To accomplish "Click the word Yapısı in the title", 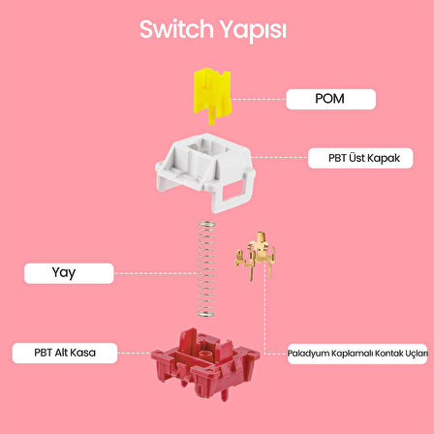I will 255,31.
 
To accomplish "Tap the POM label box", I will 329,98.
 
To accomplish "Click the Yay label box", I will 64,273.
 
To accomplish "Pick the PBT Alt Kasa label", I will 64,353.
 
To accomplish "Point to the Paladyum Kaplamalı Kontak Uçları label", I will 356,355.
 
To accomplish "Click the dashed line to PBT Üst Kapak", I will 281,157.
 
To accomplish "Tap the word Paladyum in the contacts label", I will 308,355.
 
